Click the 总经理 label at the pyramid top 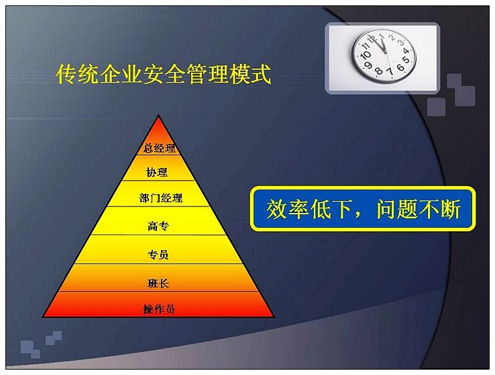(x=159, y=148)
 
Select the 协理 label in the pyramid (x=157, y=172)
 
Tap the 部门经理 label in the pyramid (x=161, y=198)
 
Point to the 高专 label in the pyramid (x=158, y=226)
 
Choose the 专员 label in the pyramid (x=158, y=255)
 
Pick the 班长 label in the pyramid (x=158, y=284)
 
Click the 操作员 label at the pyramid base (x=159, y=309)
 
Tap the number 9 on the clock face (x=368, y=65)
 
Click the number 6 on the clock (x=400, y=67)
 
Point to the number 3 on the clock (x=401, y=42)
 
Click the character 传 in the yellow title (x=66, y=75)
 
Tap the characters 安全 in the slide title (x=164, y=75)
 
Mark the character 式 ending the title (x=261, y=75)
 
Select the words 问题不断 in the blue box (x=419, y=209)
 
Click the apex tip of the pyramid (x=158, y=115)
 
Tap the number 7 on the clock (x=390, y=72)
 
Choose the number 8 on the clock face (x=379, y=71)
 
